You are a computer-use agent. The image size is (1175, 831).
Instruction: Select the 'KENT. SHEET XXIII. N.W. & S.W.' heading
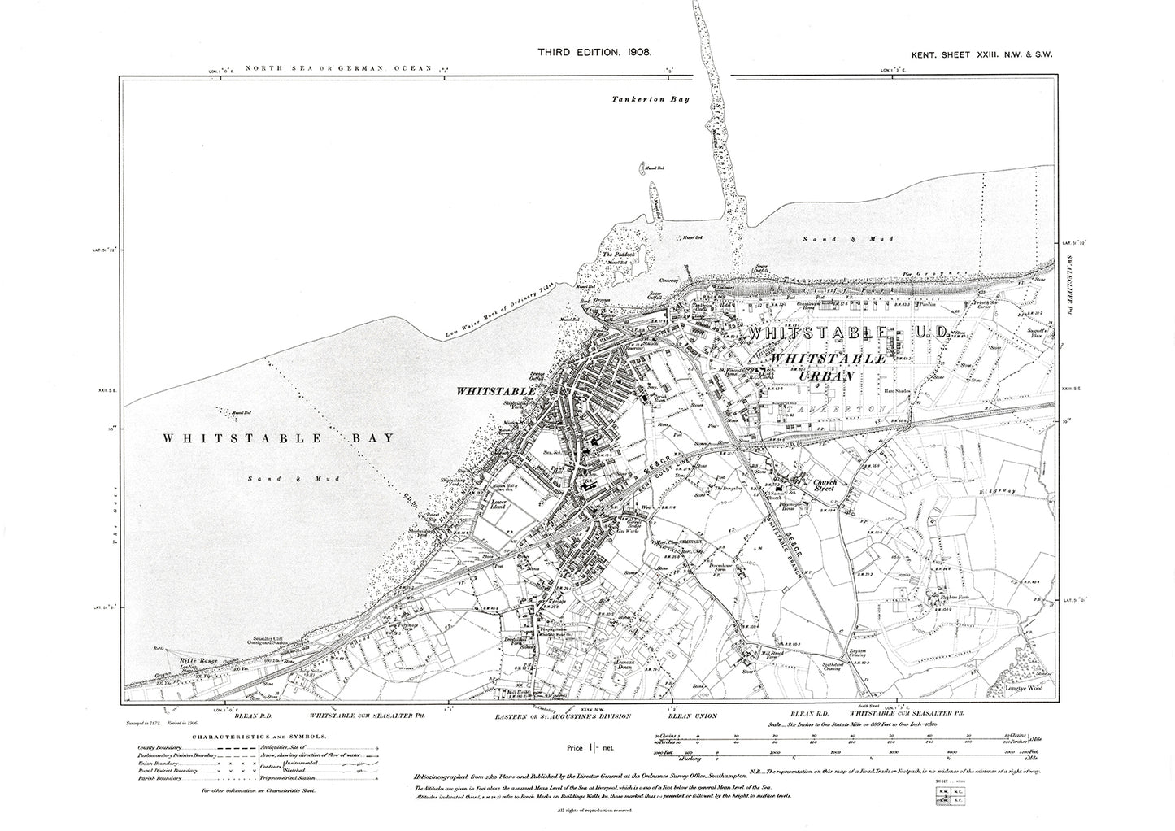point(980,54)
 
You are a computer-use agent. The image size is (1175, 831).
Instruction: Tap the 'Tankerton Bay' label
point(644,100)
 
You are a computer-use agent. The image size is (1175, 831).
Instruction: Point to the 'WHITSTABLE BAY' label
point(279,437)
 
